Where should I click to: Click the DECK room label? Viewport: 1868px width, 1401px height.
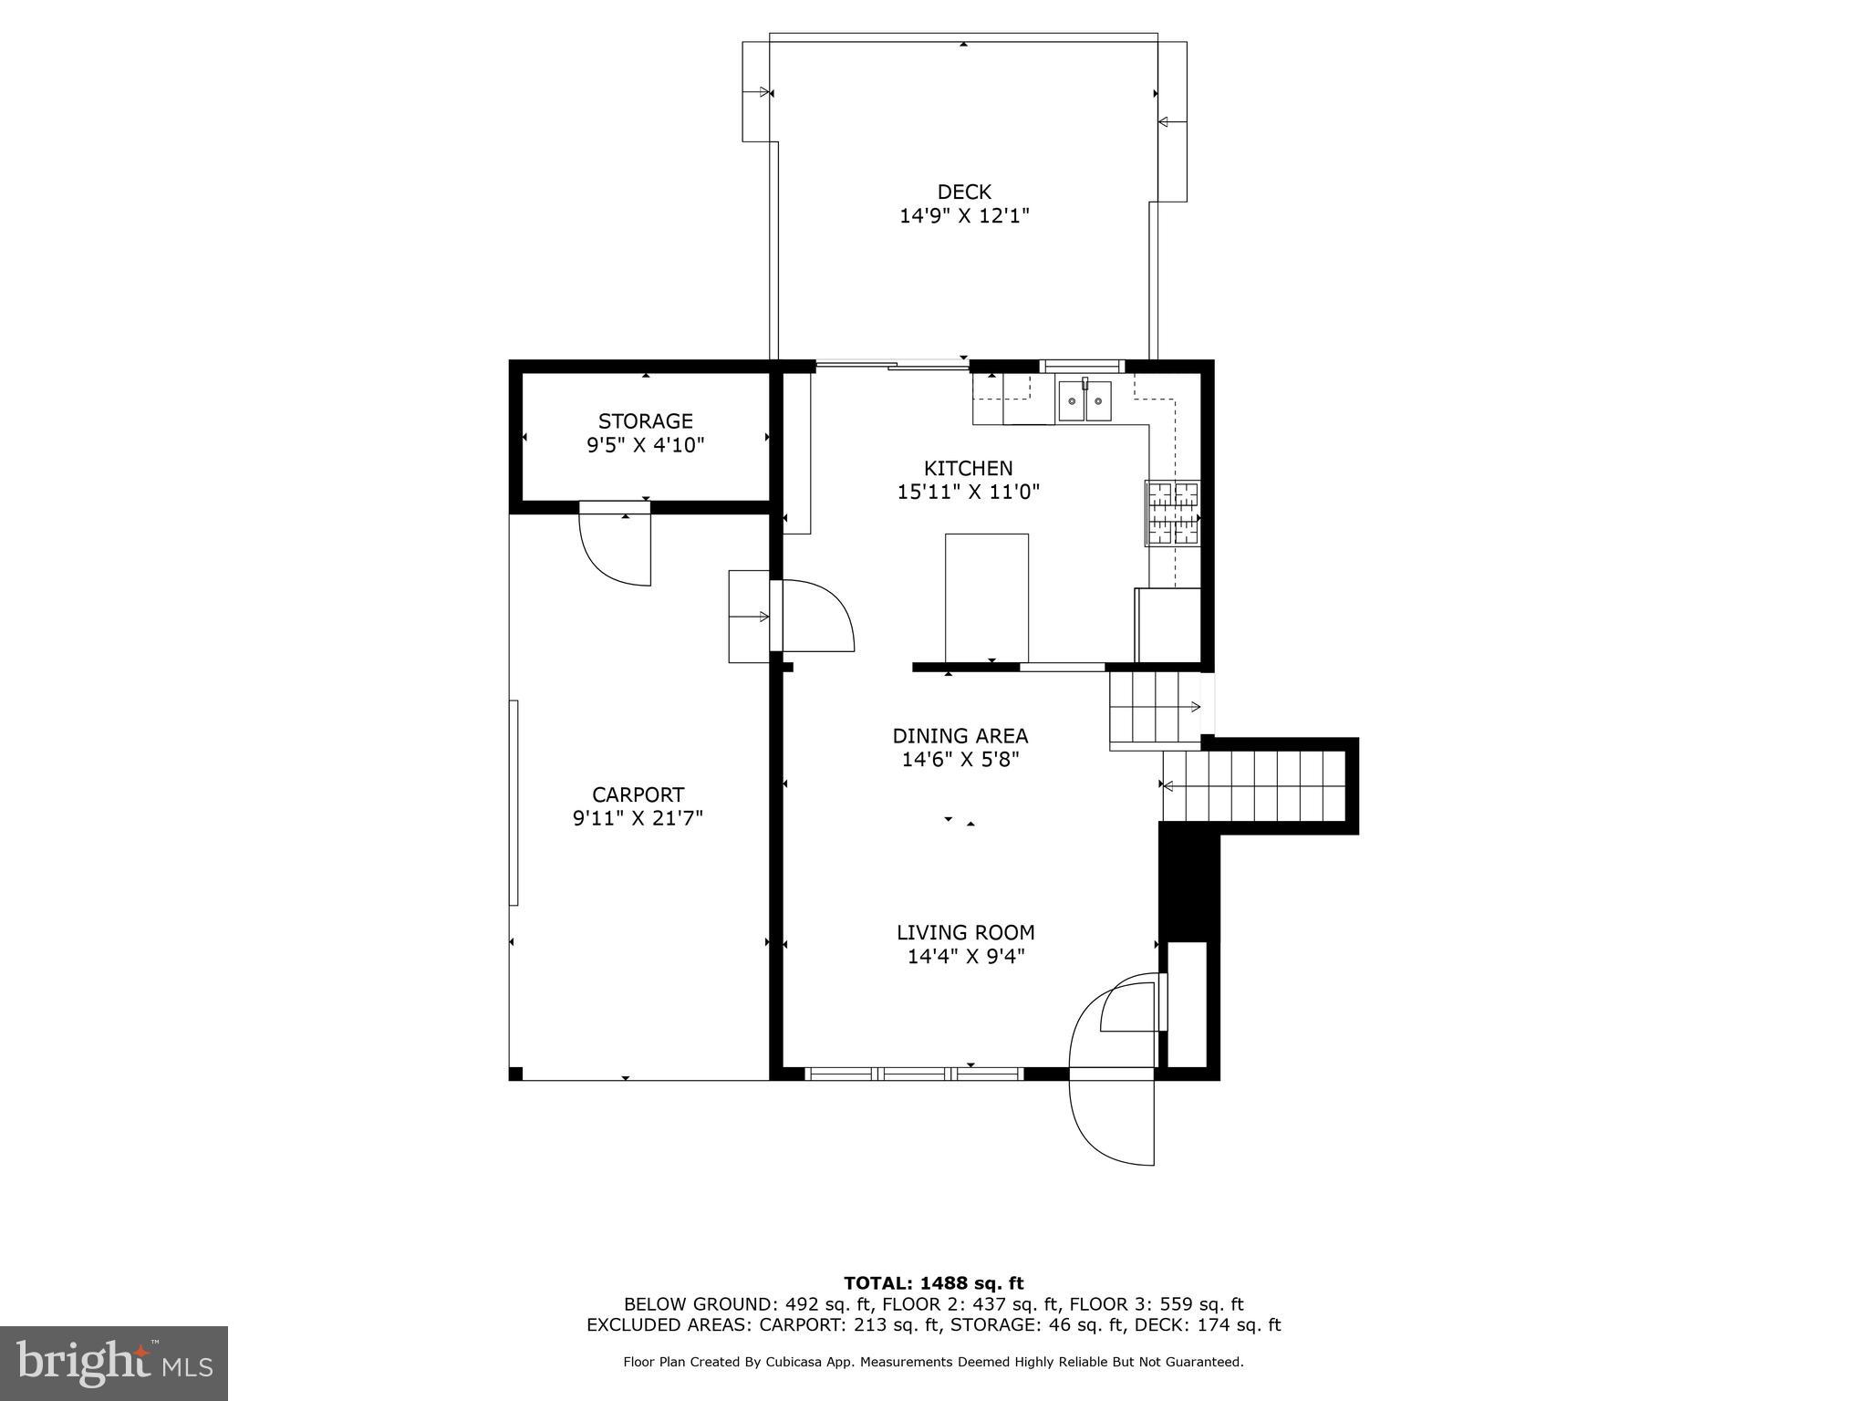click(964, 192)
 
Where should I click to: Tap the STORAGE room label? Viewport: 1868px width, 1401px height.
click(645, 421)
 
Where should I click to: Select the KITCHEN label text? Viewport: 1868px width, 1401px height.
click(968, 468)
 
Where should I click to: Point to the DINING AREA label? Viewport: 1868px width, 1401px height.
click(960, 735)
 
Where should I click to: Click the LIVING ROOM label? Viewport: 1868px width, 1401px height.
click(965, 932)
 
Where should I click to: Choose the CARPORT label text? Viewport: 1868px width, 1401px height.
click(638, 794)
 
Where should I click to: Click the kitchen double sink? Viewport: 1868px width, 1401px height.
click(1084, 401)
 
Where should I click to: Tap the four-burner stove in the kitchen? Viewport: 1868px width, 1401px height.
click(1173, 514)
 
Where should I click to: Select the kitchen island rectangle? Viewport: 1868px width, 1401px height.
click(987, 597)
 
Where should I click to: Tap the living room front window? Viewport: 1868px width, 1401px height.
click(915, 1074)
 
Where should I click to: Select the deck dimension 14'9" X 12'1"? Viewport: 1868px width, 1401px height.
click(964, 216)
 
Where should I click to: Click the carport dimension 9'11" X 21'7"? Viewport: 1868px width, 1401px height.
click(638, 818)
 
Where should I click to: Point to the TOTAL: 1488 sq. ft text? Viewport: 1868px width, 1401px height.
click(933, 1283)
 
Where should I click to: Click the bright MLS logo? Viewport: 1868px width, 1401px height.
click(114, 1363)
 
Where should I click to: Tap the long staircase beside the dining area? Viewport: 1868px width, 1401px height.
click(1254, 785)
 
